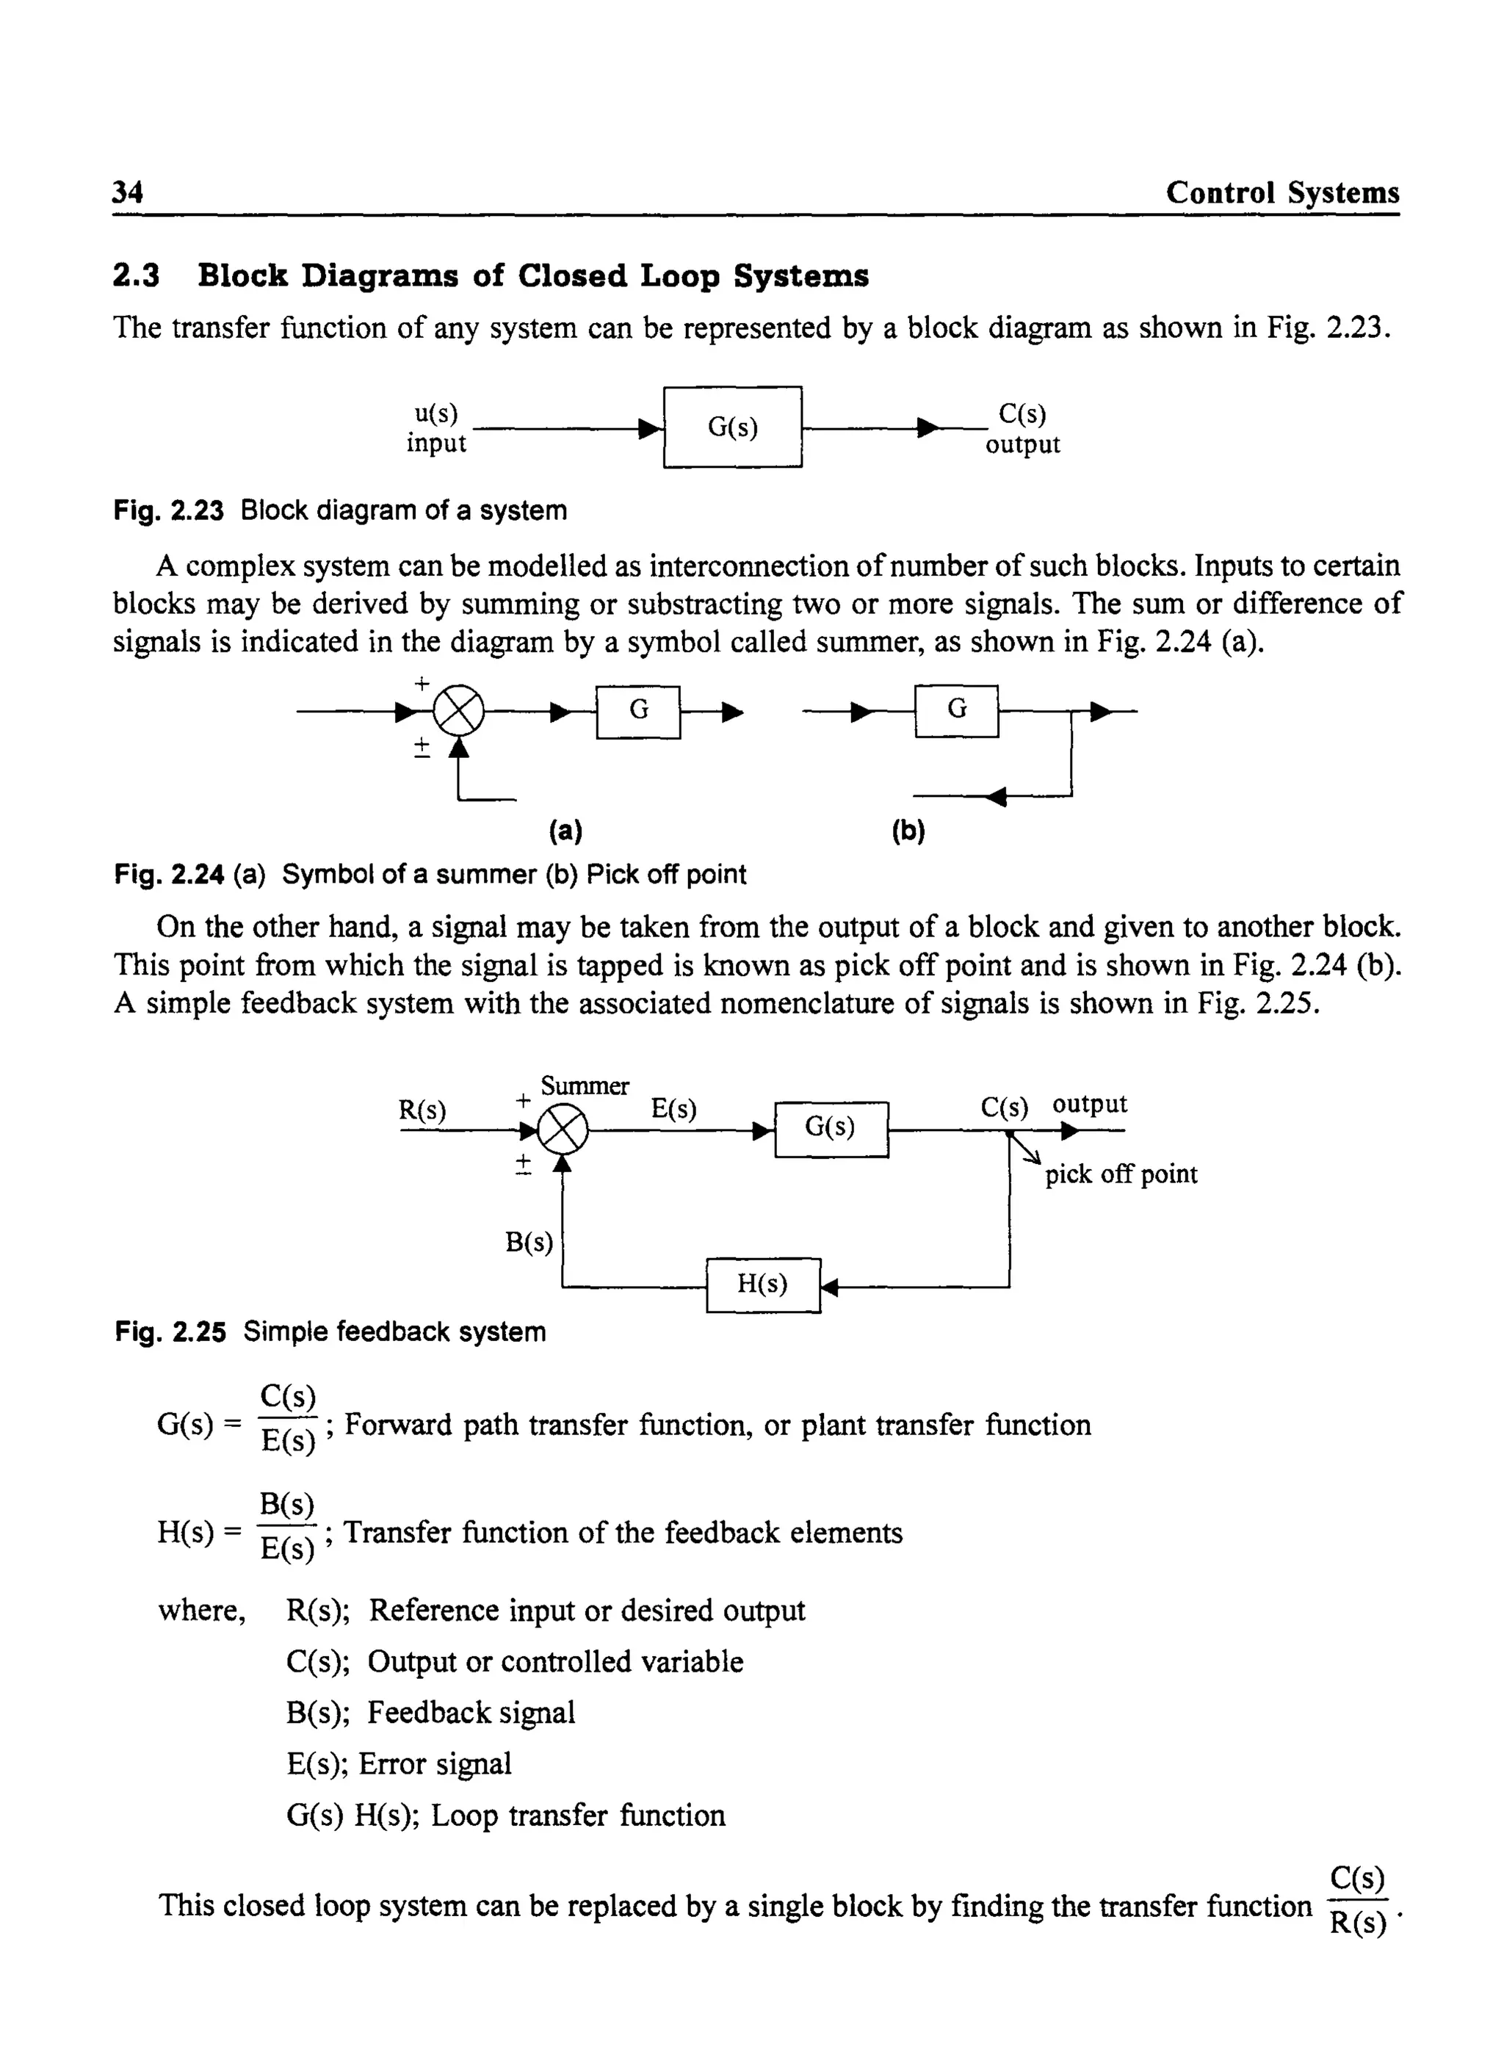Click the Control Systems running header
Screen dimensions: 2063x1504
pos(1282,192)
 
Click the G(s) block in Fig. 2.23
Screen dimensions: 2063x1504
pos(732,427)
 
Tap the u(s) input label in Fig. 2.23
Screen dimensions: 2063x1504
pos(436,414)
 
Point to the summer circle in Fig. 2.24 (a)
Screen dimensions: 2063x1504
pos(458,711)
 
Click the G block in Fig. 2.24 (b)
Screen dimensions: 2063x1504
pos(956,710)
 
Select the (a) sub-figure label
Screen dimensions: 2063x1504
pos(565,831)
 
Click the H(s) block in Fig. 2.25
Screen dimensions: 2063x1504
pos(763,1285)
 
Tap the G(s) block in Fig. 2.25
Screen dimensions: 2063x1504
pos(831,1128)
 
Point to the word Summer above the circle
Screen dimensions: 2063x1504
pos(585,1086)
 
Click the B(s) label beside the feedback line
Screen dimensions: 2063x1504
pos(529,1242)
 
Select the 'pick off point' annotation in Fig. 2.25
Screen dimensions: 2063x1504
pos(1121,1174)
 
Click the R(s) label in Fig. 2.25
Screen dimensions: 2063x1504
pos(422,1110)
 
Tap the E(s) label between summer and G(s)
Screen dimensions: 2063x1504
pos(673,1108)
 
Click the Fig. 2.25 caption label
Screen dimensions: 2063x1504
pos(170,1332)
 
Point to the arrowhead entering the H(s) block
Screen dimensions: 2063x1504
pos(828,1287)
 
